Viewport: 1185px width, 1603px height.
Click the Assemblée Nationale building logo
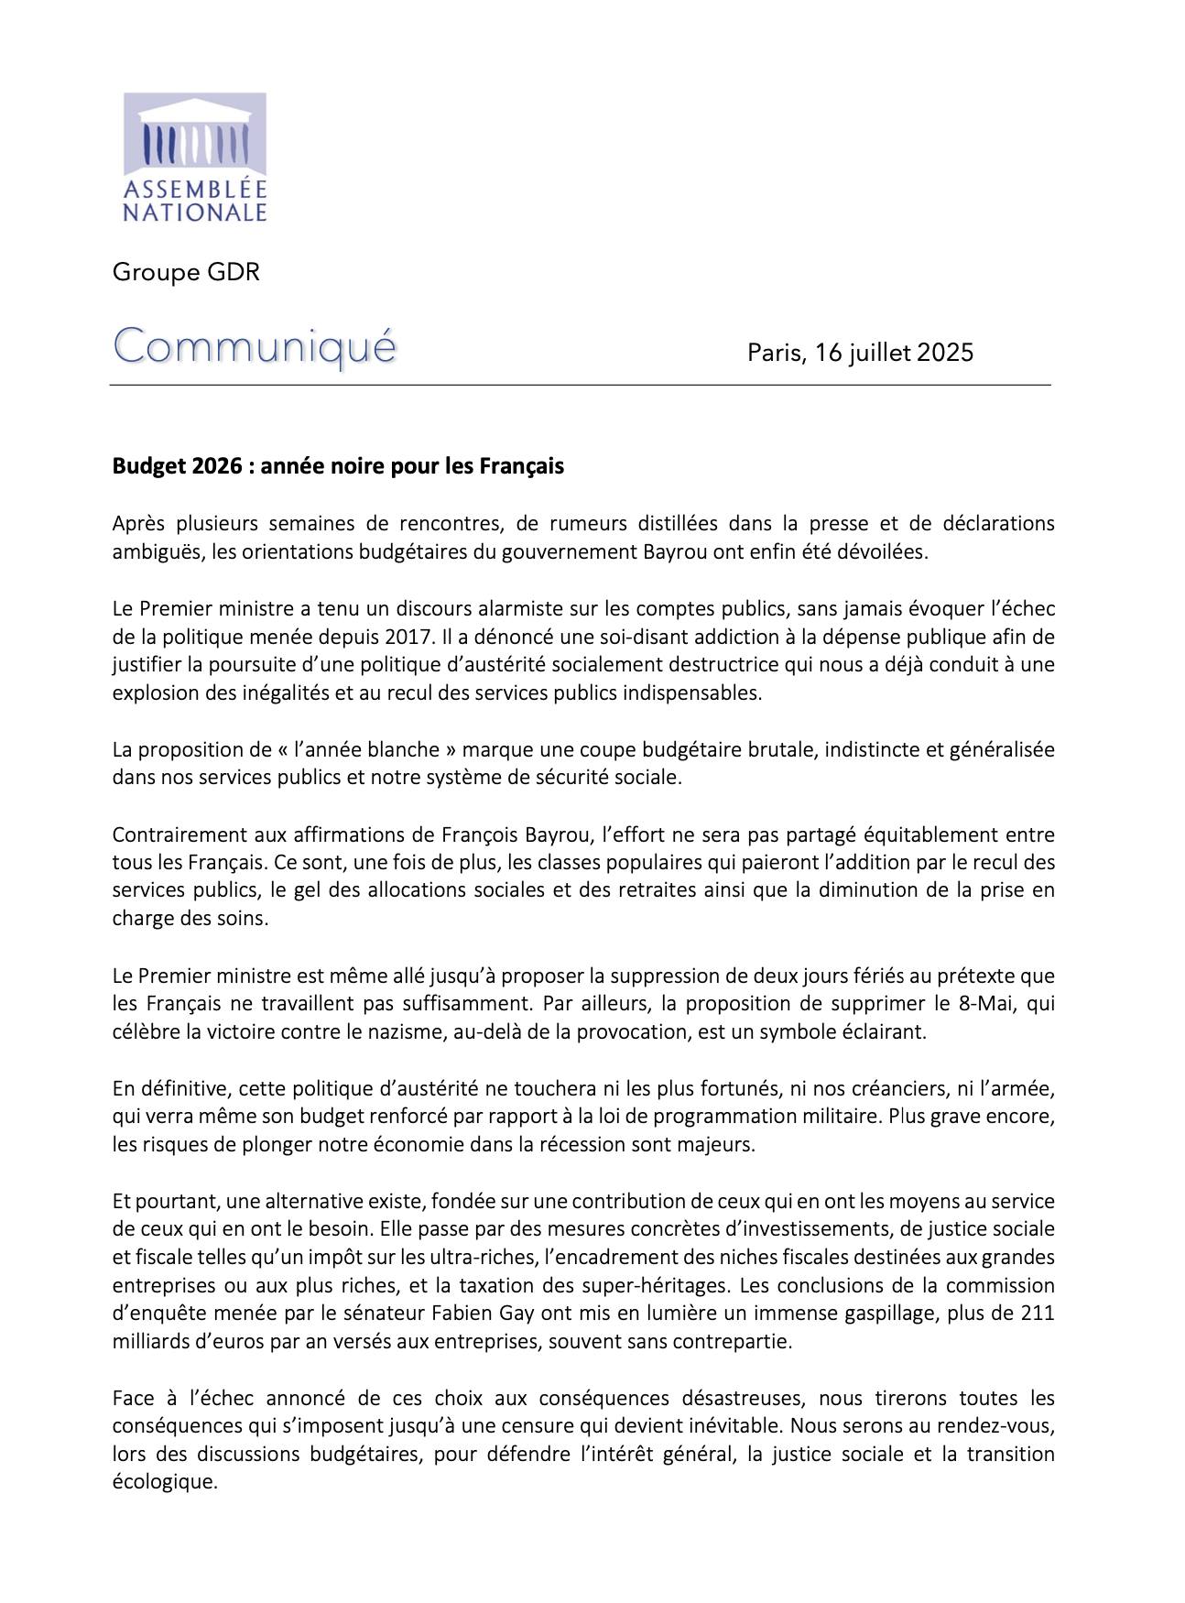coord(194,134)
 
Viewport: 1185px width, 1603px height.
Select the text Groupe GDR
coord(186,272)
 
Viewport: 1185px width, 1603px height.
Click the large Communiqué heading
coord(255,348)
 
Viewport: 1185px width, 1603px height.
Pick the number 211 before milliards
coord(1037,1314)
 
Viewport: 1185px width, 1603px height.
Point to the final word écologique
coord(164,1482)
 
